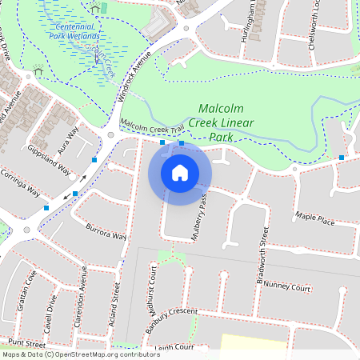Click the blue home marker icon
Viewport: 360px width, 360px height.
(x=180, y=172)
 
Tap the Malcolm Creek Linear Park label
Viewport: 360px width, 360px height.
(x=226, y=123)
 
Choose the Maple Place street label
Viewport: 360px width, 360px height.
(x=314, y=218)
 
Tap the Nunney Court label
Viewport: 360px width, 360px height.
(x=286, y=286)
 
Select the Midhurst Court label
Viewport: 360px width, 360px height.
(x=152, y=288)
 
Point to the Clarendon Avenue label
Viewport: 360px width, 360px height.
(x=82, y=303)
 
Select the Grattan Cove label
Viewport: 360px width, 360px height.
(x=26, y=291)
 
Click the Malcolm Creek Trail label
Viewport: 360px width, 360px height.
(x=152, y=126)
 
